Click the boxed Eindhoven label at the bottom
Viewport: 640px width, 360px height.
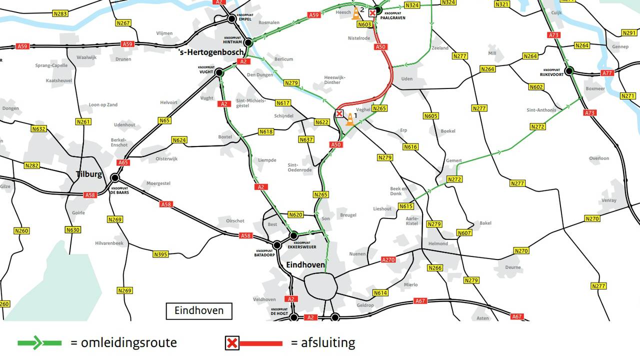(199, 311)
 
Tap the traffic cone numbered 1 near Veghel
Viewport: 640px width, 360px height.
(350, 119)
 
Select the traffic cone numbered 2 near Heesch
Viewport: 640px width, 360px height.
(356, 13)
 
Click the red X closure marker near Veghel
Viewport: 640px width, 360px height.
(339, 114)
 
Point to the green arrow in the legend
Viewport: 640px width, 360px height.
(39, 343)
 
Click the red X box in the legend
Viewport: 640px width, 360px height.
(232, 343)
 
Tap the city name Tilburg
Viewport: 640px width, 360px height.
(89, 174)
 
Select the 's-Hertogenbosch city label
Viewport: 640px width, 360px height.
(211, 52)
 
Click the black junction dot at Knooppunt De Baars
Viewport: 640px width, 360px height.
(115, 177)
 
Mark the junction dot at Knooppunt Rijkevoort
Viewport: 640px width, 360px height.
(569, 71)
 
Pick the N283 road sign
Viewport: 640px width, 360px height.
(60, 13)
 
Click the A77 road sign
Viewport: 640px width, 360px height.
(607, 73)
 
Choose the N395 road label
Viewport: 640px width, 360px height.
(160, 254)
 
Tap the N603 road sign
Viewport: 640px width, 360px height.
(365, 24)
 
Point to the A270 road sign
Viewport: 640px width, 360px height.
(388, 259)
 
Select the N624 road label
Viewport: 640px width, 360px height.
(179, 140)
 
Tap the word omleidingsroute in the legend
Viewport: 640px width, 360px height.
(123, 343)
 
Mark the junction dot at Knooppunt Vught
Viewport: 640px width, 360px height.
(219, 72)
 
